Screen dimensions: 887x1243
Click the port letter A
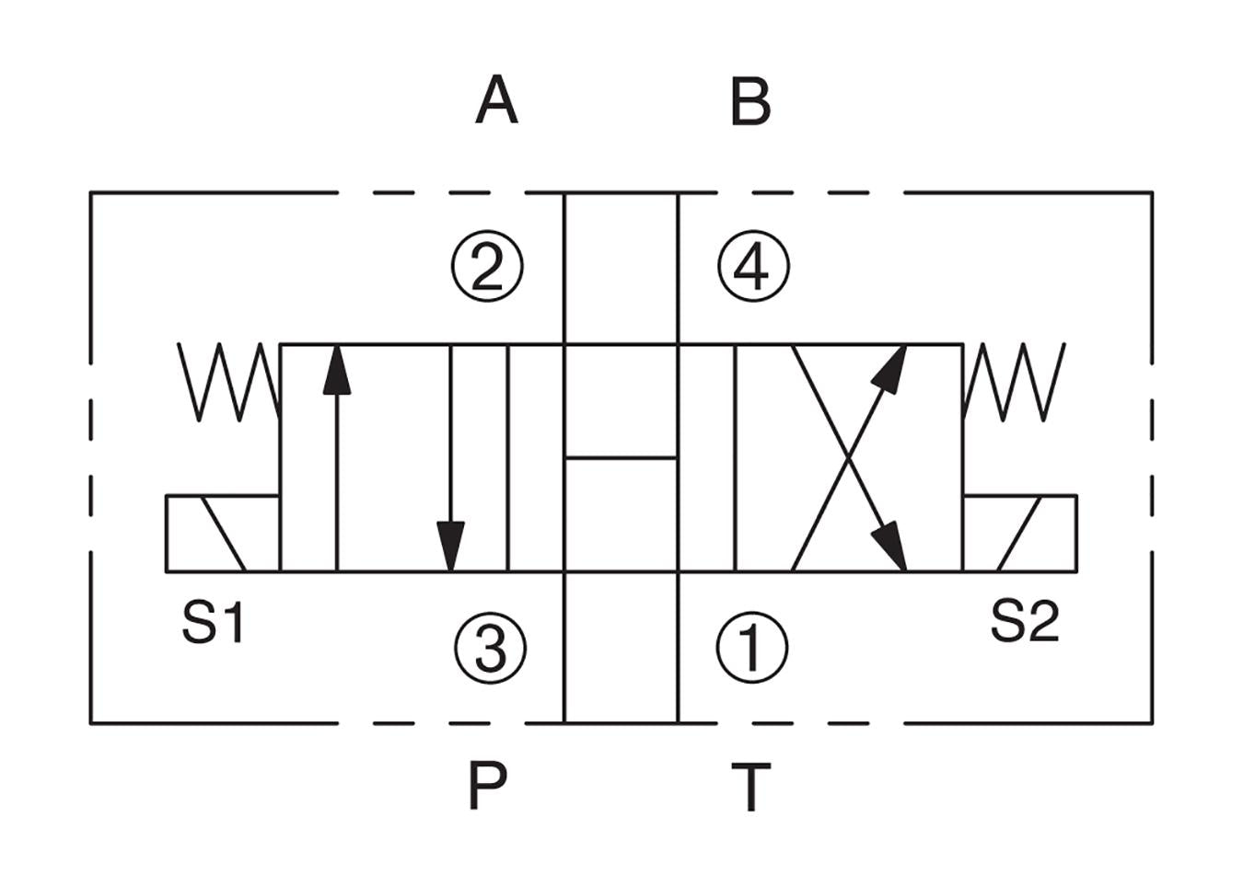[x=496, y=100]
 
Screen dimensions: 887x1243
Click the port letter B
[x=749, y=102]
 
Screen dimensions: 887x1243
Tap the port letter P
[x=488, y=785]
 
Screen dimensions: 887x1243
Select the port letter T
[x=750, y=787]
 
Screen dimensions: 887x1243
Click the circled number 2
[x=487, y=267]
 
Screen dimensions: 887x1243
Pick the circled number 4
[x=753, y=267]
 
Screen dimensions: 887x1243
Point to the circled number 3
[x=490, y=647]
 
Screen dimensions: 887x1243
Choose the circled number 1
[x=751, y=647]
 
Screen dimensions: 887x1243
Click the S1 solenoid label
[x=213, y=622]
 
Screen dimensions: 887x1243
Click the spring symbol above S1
[x=228, y=382]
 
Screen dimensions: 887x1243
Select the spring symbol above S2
[x=1014, y=382]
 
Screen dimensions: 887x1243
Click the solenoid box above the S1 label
[x=222, y=534]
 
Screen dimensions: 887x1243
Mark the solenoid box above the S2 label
[x=1020, y=534]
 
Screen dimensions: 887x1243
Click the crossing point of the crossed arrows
[x=849, y=457]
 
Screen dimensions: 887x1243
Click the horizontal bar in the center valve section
[x=621, y=456]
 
